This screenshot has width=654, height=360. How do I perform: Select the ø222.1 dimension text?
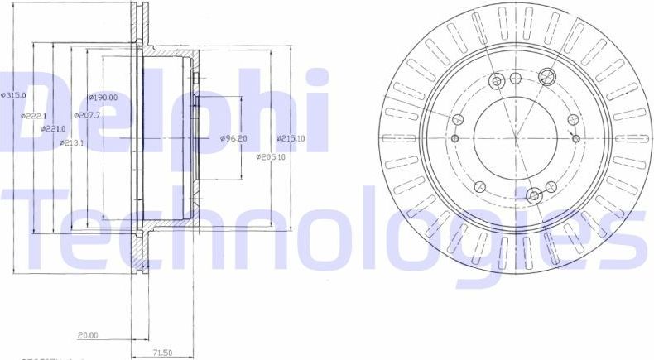[x=35, y=116]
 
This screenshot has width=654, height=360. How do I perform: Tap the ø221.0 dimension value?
[x=55, y=128]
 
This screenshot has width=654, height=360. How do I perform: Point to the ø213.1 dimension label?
[x=73, y=142]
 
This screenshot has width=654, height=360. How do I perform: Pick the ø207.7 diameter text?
[x=88, y=115]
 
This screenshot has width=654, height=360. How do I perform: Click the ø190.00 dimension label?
[x=103, y=97]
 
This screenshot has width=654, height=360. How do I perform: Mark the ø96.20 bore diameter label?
[x=233, y=138]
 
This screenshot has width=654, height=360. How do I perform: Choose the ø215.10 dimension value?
[x=291, y=138]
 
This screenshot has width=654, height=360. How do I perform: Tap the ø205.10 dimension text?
[x=271, y=156]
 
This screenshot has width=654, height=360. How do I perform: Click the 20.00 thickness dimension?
[x=89, y=335]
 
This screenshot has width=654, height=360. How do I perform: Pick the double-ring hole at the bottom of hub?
[x=534, y=195]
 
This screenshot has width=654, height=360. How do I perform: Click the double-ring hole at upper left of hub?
[x=497, y=81]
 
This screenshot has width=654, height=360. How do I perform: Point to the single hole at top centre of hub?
[x=516, y=79]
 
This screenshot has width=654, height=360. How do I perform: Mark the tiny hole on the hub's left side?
[x=455, y=137]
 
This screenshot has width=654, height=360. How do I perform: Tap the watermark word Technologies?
[x=323, y=232]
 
